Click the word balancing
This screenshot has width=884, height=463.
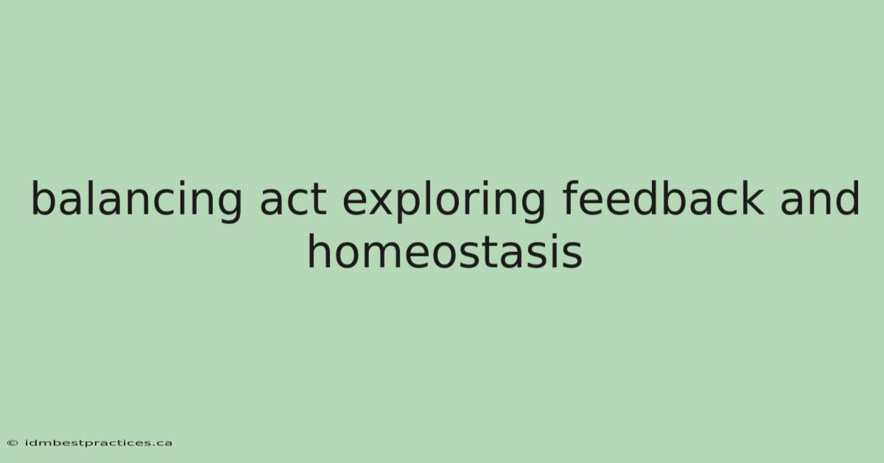(136, 201)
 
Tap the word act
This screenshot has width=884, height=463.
(293, 200)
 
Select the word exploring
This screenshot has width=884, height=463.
(443, 201)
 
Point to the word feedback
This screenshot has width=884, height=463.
(663, 198)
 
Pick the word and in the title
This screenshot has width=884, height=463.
(820, 198)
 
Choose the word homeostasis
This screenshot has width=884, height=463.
(445, 251)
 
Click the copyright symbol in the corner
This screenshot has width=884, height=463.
(13, 443)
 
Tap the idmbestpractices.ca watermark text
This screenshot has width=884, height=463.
(99, 443)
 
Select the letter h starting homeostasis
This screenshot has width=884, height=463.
(320, 251)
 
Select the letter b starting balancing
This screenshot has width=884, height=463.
(45, 198)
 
